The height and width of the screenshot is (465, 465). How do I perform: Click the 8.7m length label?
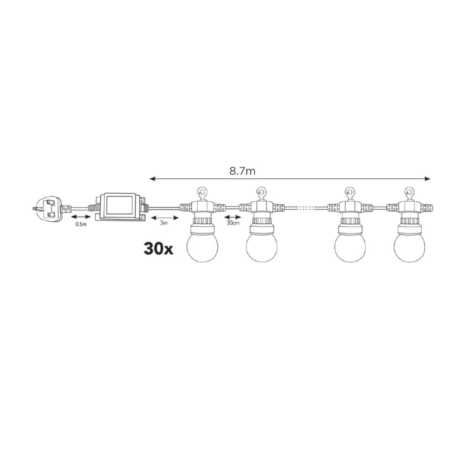click(x=242, y=171)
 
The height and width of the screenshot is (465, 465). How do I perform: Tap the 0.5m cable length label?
click(x=81, y=224)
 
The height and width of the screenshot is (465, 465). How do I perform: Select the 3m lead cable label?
click(x=164, y=223)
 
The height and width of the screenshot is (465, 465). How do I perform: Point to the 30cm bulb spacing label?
click(x=233, y=223)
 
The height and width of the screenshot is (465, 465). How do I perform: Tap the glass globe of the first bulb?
click(x=202, y=247)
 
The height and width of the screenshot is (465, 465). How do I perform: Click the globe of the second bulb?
click(x=262, y=247)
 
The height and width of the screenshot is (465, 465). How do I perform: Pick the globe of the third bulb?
click(x=350, y=247)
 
